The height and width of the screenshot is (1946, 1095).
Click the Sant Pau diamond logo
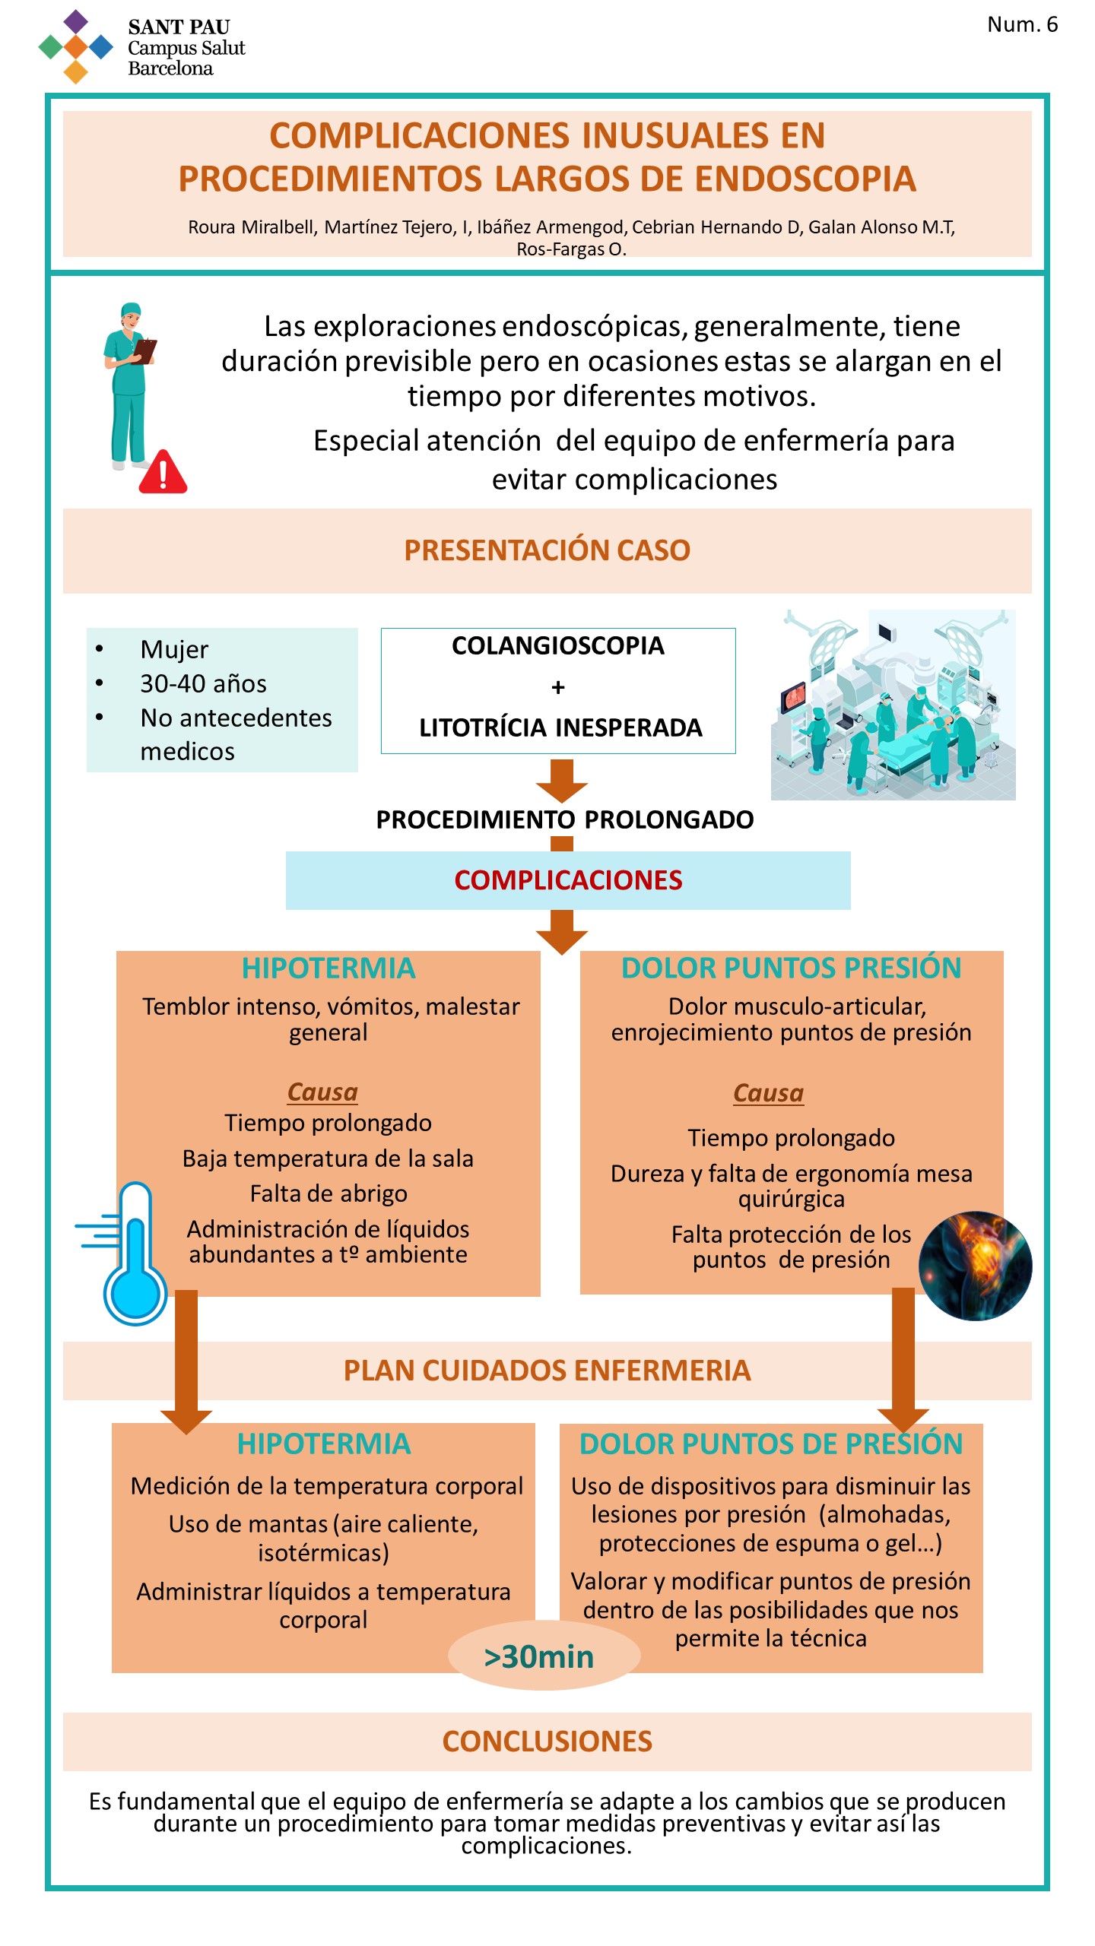coord(75,46)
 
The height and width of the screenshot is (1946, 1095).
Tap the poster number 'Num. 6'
coord(1022,25)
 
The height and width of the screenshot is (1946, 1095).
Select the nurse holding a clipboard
coord(129,386)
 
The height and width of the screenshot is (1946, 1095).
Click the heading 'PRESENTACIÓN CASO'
coord(547,550)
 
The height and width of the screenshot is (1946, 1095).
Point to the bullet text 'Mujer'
coord(174,649)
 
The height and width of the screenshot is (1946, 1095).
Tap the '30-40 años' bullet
coord(203,683)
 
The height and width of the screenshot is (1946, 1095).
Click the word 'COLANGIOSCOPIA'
coord(558,645)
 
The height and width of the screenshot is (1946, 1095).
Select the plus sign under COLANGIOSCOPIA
coord(558,687)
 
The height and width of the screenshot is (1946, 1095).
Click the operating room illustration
coord(893,705)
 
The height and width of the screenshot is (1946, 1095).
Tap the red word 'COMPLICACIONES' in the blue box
coord(568,880)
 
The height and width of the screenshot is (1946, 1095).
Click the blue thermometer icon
coord(125,1253)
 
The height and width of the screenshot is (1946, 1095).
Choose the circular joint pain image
coord(976,1266)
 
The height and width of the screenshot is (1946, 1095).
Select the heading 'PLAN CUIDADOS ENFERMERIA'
coord(547,1371)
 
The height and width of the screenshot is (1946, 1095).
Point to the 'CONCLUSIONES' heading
coord(547,1742)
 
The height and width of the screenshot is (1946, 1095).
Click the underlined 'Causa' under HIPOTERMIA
coord(322,1092)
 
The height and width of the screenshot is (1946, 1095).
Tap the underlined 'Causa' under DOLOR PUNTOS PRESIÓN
coord(768,1093)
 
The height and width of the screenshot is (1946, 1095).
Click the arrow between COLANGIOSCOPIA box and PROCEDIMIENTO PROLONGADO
coord(562,781)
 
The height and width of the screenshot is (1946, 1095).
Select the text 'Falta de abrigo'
coord(328,1193)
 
